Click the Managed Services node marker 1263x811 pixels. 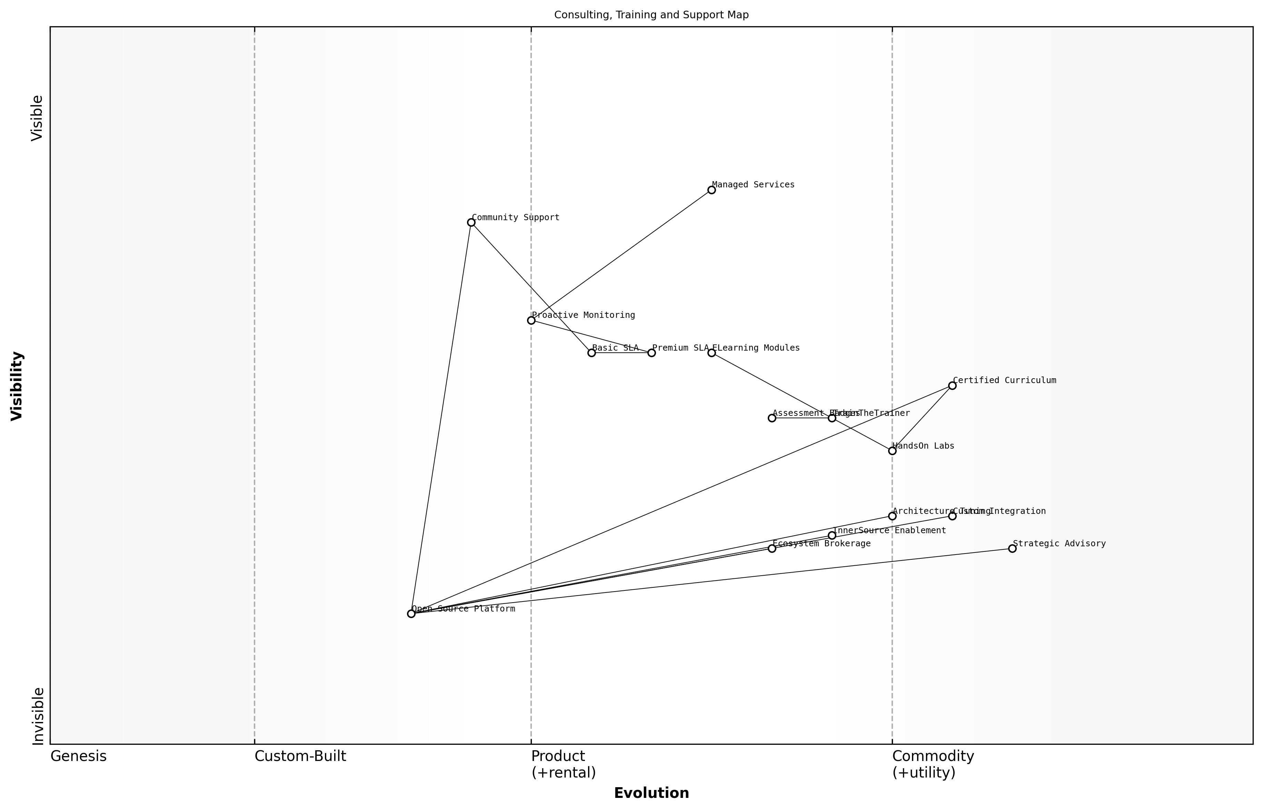712,190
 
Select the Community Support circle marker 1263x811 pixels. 471,222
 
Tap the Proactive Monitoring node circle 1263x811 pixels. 531,320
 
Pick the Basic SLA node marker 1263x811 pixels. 591,353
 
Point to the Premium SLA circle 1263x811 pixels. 652,353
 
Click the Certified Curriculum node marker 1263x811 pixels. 952,385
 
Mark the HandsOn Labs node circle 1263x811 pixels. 892,451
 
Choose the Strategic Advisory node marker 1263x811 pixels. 1012,549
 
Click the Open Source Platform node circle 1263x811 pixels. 411,614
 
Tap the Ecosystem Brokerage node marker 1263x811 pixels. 772,549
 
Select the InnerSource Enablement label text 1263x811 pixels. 890,531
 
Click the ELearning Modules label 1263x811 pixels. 756,348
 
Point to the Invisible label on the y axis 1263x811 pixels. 38,716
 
